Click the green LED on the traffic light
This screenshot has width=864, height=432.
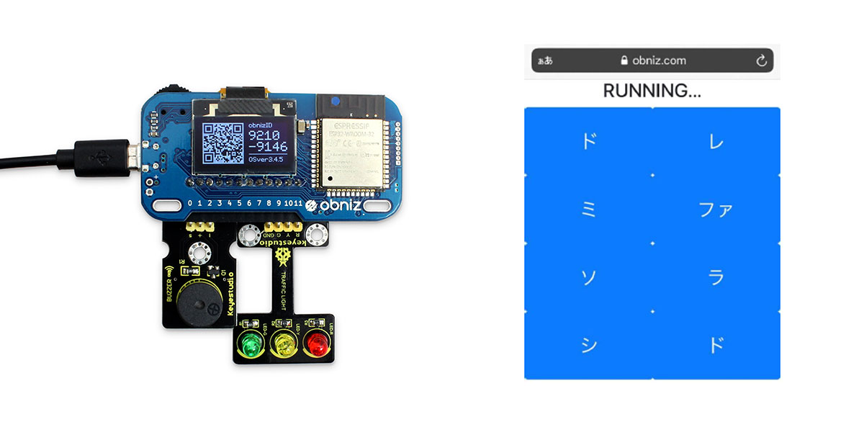tap(250, 343)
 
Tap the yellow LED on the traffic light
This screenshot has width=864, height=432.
tap(283, 345)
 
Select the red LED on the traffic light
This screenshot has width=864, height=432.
tap(316, 345)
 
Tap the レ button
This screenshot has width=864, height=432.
tap(716, 141)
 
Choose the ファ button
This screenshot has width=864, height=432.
tap(716, 210)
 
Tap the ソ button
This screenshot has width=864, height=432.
tap(588, 277)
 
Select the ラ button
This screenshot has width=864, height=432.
tap(716, 277)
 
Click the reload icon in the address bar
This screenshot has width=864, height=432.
tap(762, 60)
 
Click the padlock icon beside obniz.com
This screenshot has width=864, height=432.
tap(624, 60)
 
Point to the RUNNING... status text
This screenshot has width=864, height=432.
tap(652, 91)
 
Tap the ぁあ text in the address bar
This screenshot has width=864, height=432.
tap(544, 60)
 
